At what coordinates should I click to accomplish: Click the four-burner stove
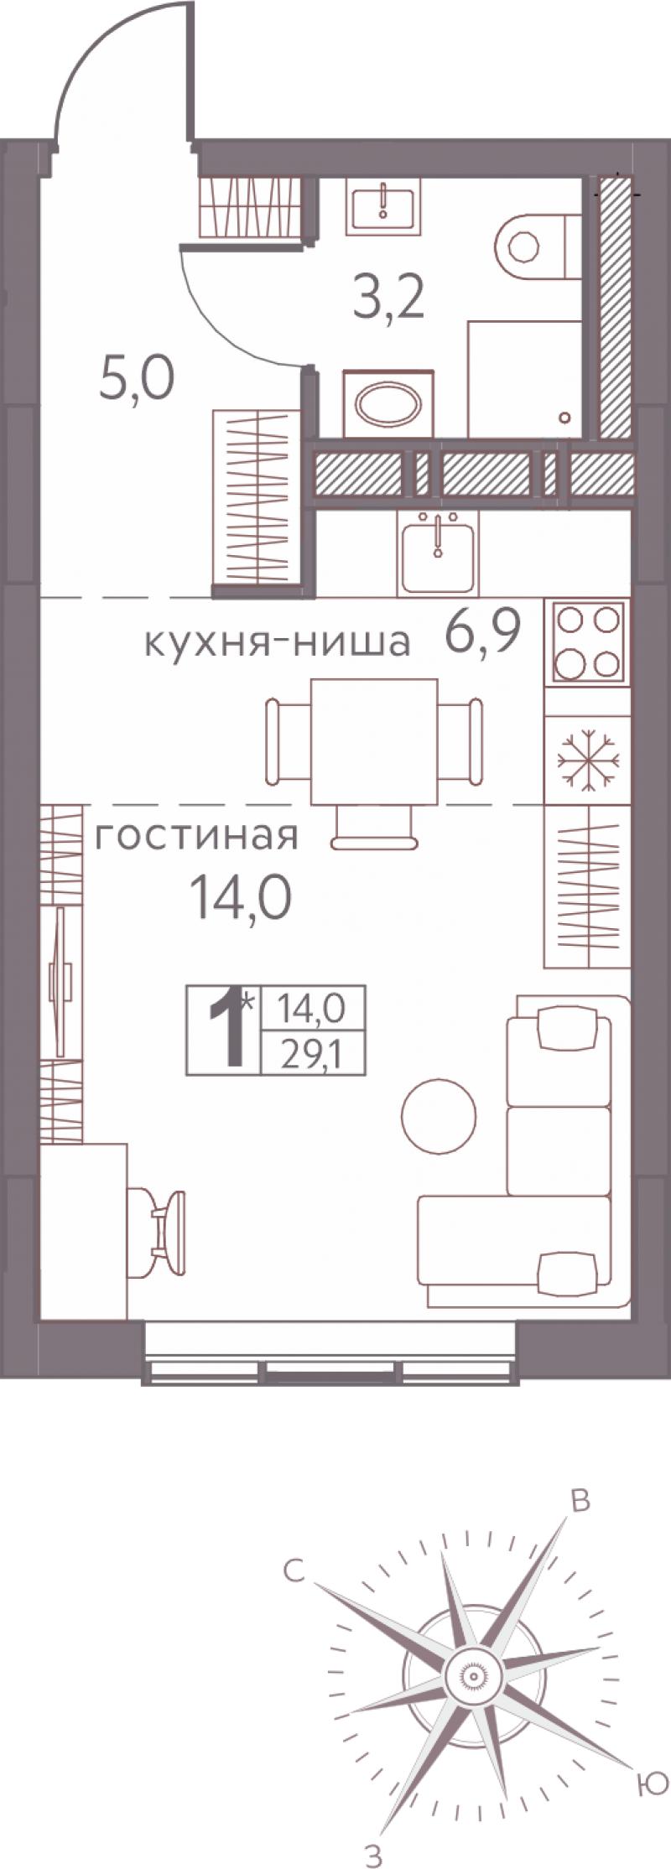tap(588, 641)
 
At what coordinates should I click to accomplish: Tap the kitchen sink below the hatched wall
tap(437, 551)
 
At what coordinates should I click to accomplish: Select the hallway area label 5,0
tap(136, 380)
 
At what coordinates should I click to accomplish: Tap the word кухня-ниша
tap(278, 643)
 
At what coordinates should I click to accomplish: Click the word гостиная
tap(195, 836)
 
